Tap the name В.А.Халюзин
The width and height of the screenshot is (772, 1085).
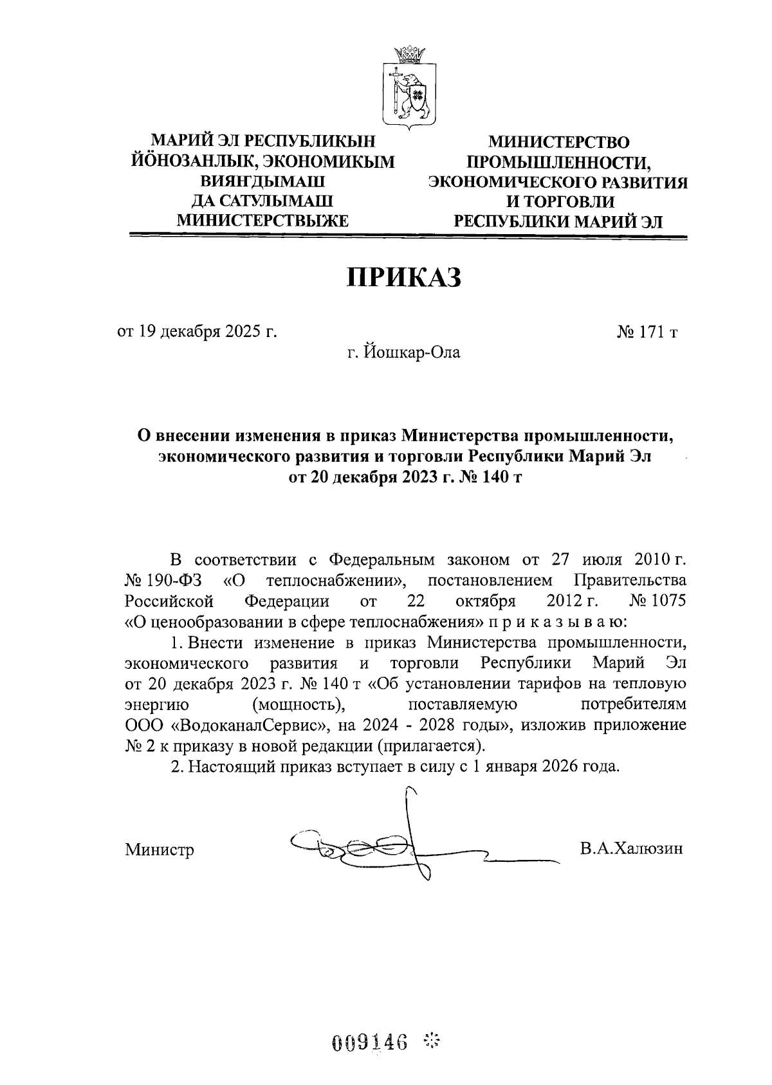click(630, 848)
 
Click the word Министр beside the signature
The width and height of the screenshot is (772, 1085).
click(159, 850)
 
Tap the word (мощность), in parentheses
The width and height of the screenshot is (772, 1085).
click(297, 704)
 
